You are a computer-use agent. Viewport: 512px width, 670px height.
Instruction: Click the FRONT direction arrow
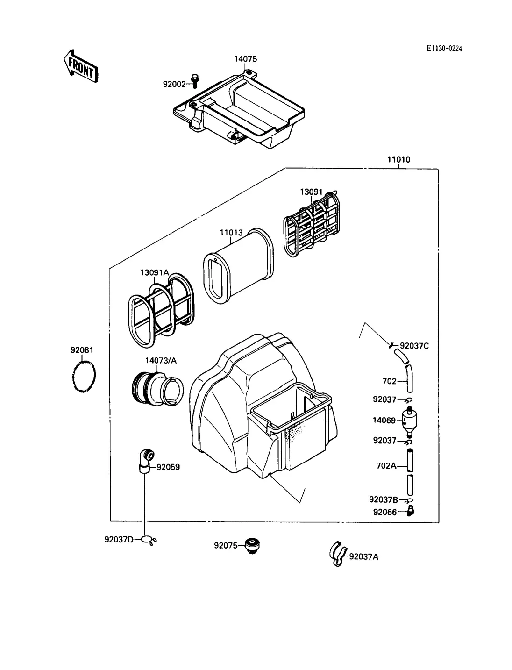[x=81, y=66]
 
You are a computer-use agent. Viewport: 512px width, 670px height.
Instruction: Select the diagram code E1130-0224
[x=444, y=49]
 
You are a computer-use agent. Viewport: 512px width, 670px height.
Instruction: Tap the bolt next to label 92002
[x=194, y=81]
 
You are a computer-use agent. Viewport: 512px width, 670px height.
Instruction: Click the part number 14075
[x=245, y=59]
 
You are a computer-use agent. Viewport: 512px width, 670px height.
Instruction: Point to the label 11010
[x=398, y=159]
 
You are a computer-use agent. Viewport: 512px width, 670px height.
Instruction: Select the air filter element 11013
[x=238, y=266]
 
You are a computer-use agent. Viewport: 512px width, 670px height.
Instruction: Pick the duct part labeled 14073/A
[x=158, y=389]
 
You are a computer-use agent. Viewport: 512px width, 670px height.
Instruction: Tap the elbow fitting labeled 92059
[x=146, y=461]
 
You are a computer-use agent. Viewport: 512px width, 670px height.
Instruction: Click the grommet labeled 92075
[x=252, y=545]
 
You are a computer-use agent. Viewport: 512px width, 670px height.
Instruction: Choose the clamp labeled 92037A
[x=338, y=554]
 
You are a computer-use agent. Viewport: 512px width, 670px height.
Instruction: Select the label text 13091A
[x=154, y=272]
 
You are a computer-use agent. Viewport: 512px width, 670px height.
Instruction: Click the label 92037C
[x=414, y=346]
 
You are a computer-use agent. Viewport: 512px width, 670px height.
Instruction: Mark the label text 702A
[x=386, y=466]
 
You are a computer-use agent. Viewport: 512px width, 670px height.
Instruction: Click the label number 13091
[x=311, y=192]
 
